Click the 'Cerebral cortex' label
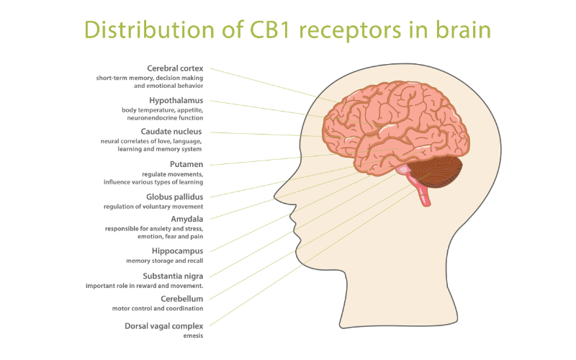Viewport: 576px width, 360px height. coord(175,68)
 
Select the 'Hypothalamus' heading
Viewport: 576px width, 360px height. coord(176,100)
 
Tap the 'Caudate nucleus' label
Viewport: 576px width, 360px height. coord(171,132)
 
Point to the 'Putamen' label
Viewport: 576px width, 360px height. coord(186,164)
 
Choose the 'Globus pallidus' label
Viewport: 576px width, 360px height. coord(174,197)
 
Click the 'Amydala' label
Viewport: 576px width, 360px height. coord(187,220)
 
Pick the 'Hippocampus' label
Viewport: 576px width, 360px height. coord(177,251)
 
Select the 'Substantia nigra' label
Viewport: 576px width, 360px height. coord(173,276)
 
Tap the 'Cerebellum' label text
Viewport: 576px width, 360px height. coord(182,299)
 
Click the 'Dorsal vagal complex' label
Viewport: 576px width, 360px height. coord(164,326)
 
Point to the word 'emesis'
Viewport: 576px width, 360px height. coord(193,336)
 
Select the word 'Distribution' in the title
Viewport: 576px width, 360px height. coord(150,30)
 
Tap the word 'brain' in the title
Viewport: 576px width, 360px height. coord(463,30)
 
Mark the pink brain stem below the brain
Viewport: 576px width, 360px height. coord(421,189)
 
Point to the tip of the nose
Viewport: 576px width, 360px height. coord(275,197)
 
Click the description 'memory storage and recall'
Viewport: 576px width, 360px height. coord(165,261)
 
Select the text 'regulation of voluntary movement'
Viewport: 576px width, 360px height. coord(153,207)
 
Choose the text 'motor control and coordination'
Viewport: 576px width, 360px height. coord(158,309)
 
